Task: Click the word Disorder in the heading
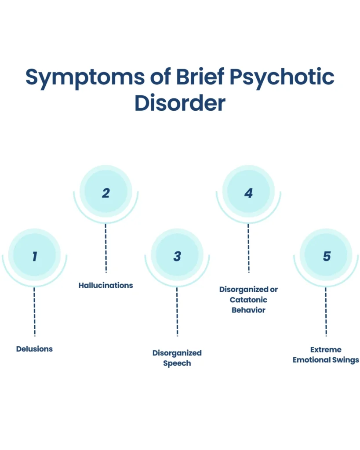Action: pyautogui.click(x=180, y=103)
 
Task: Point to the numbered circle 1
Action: pyautogui.click(x=34, y=256)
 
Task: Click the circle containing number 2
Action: pyautogui.click(x=105, y=192)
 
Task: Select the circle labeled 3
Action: pyautogui.click(x=177, y=256)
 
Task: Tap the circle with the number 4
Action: pyautogui.click(x=248, y=192)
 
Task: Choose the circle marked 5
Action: pyautogui.click(x=326, y=256)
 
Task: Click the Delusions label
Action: pyautogui.click(x=34, y=349)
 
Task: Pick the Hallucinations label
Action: pyautogui.click(x=105, y=285)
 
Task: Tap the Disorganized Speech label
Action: pyautogui.click(x=177, y=358)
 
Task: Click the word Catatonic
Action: pyautogui.click(x=248, y=300)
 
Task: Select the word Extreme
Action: pyautogui.click(x=326, y=350)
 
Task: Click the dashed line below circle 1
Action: pyautogui.click(x=34, y=312)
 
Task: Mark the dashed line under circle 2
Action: pyautogui.click(x=105, y=248)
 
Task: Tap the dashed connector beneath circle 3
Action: pyautogui.click(x=177, y=312)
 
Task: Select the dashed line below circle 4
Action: pyautogui.click(x=248, y=248)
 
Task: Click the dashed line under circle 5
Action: pyautogui.click(x=326, y=312)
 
